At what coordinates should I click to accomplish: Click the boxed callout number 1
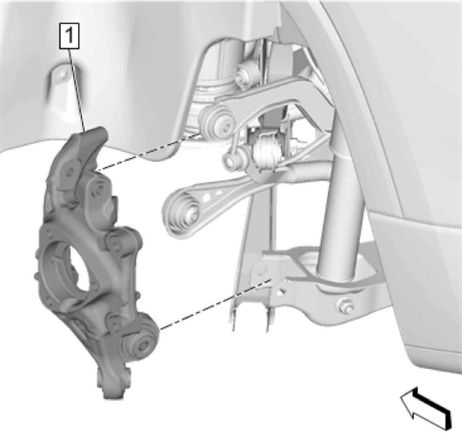click(69, 36)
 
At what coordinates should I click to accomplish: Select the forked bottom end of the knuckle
click(114, 382)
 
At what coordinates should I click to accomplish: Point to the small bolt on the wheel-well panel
click(63, 75)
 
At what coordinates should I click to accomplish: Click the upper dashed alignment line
click(149, 151)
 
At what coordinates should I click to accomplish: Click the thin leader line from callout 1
click(77, 90)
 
